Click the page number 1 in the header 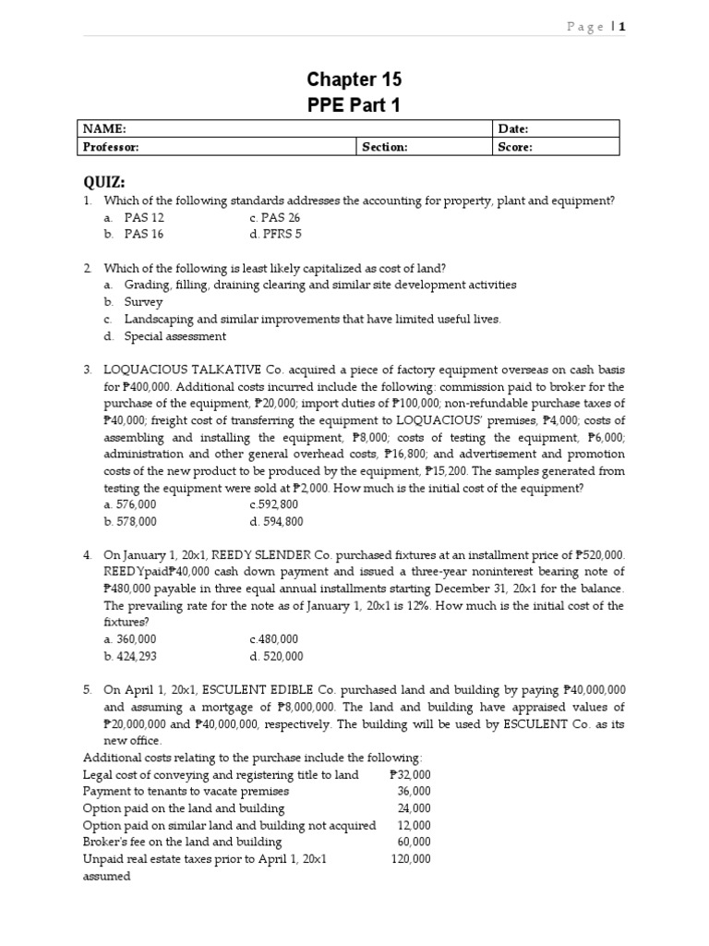tap(622, 27)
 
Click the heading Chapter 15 tap(354, 79)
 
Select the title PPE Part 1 tap(354, 105)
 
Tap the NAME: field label tap(103, 129)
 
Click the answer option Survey tap(143, 302)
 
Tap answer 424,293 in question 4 tap(130, 657)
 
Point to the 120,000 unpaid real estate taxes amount tap(411, 859)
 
